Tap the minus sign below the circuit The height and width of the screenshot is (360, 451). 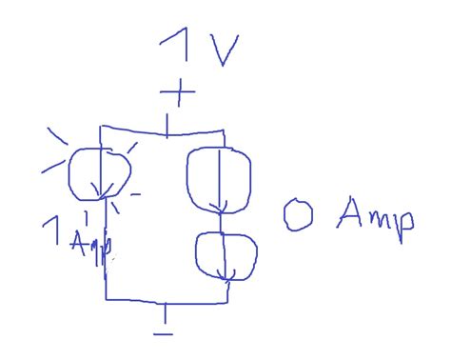pyautogui.click(x=165, y=333)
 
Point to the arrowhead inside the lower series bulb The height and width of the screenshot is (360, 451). pyautogui.click(x=225, y=276)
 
